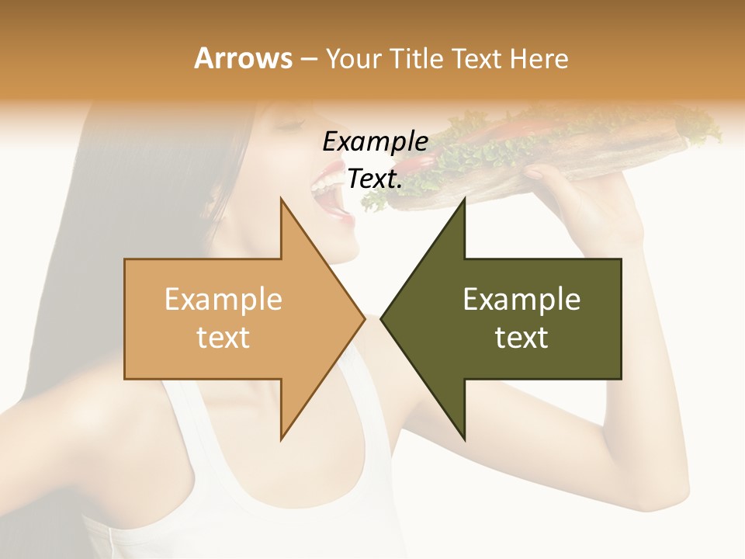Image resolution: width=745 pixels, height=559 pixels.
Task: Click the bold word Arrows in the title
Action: pyautogui.click(x=244, y=58)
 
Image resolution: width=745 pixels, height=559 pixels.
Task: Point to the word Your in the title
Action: pyautogui.click(x=354, y=58)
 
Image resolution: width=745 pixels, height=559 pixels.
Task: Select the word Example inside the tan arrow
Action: pyautogui.click(x=223, y=300)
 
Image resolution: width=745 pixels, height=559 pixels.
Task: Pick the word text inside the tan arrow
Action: pyautogui.click(x=223, y=338)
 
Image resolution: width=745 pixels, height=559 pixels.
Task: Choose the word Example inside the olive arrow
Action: pyautogui.click(x=521, y=300)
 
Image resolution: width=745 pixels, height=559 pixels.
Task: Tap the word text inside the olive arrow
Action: pyautogui.click(x=521, y=338)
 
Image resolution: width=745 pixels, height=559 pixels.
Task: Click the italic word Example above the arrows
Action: pyautogui.click(x=375, y=142)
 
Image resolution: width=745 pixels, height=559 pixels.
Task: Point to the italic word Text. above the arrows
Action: pyautogui.click(x=375, y=179)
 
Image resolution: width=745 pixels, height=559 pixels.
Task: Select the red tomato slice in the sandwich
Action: pyautogui.click(x=535, y=128)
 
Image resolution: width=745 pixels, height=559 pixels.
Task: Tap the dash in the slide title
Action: pyautogui.click(x=309, y=59)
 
